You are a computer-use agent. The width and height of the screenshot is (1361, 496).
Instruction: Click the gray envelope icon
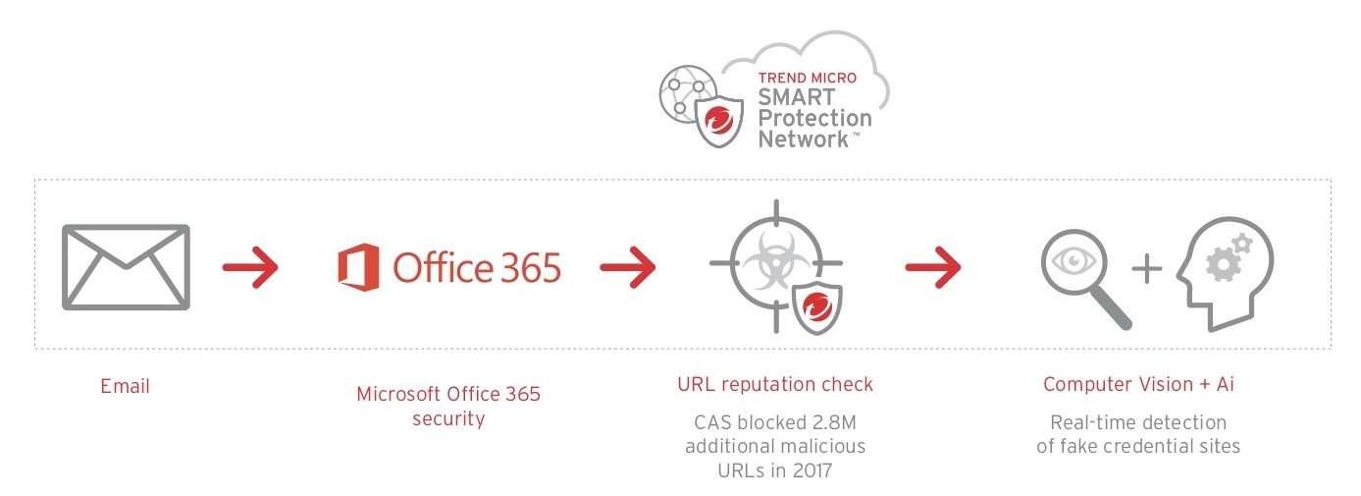coord(125,267)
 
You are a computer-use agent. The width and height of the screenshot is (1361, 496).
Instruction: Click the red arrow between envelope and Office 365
coord(250,267)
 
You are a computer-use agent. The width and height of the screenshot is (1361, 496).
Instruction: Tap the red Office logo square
coord(358,267)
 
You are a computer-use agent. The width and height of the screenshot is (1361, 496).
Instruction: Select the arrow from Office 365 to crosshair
coord(627,267)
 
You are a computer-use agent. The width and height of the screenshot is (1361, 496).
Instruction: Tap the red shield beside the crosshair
coord(816,305)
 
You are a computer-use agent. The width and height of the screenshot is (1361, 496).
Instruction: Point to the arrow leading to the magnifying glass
coord(932,267)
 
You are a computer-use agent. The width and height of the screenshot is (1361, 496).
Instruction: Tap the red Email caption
coord(125,386)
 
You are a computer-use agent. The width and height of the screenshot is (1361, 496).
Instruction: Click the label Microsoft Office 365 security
coord(447,406)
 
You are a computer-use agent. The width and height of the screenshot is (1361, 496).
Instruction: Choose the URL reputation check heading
coord(774,384)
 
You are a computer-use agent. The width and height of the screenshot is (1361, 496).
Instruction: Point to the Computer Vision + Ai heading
coord(1138,384)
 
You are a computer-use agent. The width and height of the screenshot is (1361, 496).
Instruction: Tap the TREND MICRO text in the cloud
coord(807,78)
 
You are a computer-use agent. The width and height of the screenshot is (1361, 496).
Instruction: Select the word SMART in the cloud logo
coord(796,97)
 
